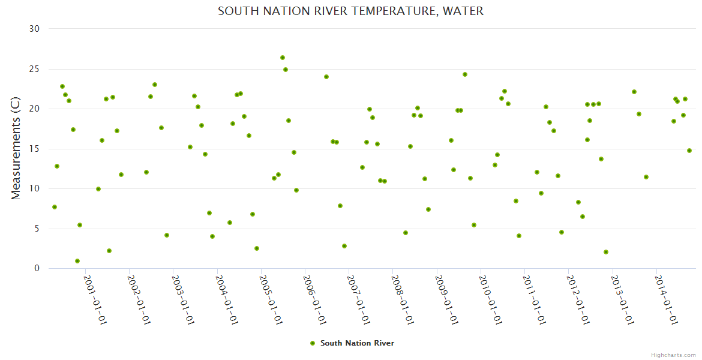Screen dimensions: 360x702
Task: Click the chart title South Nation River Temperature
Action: pos(350,11)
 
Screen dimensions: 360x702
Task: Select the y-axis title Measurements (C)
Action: pos(16,149)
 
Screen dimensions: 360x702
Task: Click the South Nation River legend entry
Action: pos(357,343)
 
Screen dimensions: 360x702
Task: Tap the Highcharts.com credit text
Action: pos(673,355)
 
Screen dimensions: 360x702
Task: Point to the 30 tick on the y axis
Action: pos(34,29)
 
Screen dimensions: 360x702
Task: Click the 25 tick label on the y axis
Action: pos(34,69)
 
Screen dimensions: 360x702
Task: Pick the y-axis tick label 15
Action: pos(34,149)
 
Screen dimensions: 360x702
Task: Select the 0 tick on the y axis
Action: pos(37,269)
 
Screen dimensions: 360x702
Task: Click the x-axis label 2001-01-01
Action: pos(95,299)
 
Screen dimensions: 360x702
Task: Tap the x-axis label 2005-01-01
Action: pos(271,299)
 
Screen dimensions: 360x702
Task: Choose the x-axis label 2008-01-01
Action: pos(402,299)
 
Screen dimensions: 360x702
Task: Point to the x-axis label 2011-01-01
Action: pos(533,299)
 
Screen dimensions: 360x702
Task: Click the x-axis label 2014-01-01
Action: pos(665,299)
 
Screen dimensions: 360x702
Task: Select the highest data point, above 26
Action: pos(283,58)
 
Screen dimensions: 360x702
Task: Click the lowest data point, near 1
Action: pos(77,261)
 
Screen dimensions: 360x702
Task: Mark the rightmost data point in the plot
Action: pos(689,151)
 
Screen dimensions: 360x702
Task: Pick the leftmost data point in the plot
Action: pos(55,207)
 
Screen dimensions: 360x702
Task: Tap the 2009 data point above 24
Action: pos(465,74)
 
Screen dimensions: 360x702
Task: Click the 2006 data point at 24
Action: pos(326,77)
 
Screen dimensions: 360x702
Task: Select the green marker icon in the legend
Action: pos(312,343)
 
